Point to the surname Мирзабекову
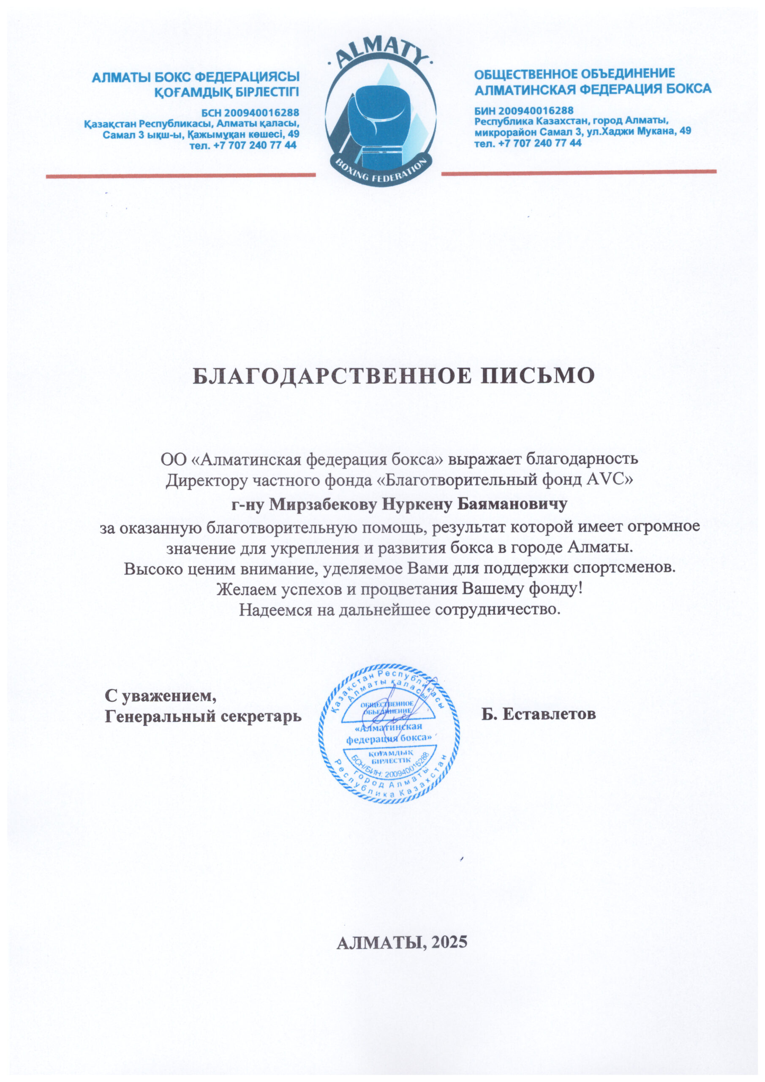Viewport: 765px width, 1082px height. [x=324, y=505]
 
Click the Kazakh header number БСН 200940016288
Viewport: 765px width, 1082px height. [x=250, y=113]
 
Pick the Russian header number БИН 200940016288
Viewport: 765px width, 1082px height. [x=524, y=111]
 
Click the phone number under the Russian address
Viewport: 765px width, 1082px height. [x=528, y=143]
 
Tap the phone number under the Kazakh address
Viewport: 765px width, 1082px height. [x=243, y=145]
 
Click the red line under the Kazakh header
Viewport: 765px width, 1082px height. [x=180, y=176]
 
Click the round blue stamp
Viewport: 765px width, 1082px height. [x=389, y=733]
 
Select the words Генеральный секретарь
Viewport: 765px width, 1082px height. [x=203, y=716]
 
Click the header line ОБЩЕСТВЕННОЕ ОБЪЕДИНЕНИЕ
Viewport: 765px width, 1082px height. [x=574, y=74]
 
